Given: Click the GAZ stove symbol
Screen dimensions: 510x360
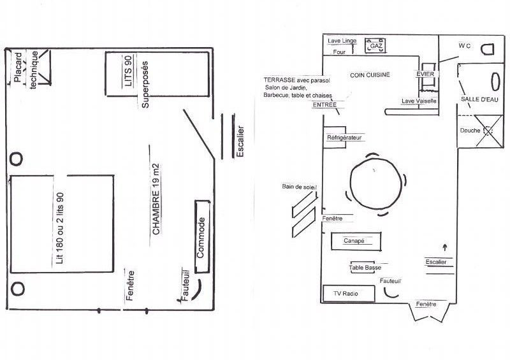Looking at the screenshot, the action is coord(375,45).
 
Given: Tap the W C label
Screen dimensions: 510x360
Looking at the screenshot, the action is coord(465,46).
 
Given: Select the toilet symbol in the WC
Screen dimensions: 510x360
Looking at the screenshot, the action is coord(487,50).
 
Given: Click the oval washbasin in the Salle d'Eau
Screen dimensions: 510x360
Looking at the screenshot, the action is coord(495,82).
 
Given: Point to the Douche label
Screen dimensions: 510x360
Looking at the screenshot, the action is coord(470,131).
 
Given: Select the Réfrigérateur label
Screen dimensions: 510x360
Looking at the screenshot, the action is coord(344,138).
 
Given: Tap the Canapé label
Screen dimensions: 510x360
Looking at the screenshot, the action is coord(354,241).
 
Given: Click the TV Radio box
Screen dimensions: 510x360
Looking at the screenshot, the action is coord(349,294).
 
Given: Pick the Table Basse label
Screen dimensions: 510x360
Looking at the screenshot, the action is coord(365,268).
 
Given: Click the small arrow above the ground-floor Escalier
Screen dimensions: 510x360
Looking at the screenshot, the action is coord(445,247).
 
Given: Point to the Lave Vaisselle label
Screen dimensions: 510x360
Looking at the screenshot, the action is coord(419,101).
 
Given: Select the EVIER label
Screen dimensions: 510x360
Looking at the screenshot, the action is coord(425,74).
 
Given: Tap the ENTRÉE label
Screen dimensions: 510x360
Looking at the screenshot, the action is coord(324,105).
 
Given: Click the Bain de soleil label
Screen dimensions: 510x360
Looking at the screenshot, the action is coord(299,187).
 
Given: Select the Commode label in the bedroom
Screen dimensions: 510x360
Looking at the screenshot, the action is coord(201,238).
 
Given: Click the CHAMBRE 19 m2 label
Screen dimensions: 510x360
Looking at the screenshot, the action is coord(156,199).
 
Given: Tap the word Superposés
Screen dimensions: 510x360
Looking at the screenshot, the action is coord(145,85).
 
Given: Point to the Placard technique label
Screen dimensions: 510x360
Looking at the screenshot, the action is coord(25,69).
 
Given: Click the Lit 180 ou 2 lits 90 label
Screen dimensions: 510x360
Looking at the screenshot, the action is coord(60,228).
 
